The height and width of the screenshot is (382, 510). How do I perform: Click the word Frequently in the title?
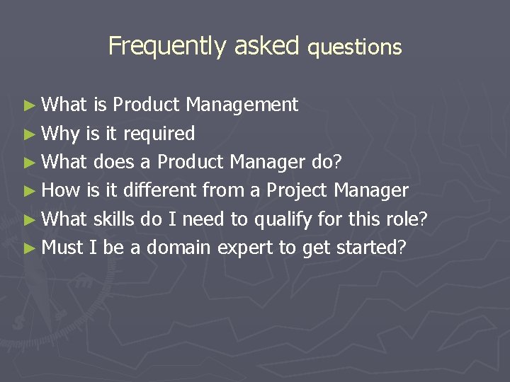click(166, 47)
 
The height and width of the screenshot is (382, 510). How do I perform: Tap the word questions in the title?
click(355, 47)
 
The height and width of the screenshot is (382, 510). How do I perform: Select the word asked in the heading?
click(267, 46)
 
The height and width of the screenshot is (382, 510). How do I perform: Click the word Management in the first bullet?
click(242, 105)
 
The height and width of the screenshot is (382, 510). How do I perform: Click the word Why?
click(61, 134)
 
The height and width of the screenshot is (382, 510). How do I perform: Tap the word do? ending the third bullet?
click(327, 162)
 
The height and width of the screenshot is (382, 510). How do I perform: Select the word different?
click(160, 190)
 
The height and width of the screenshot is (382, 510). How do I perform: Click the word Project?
click(296, 191)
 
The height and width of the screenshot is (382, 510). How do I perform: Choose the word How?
click(61, 190)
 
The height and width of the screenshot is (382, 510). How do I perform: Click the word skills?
click(114, 219)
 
